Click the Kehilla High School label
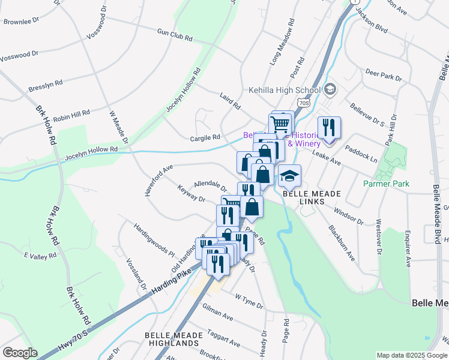tap(284, 91)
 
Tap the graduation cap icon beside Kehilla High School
tap(330, 90)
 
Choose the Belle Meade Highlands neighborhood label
tap(172, 338)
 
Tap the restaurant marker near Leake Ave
tap(328, 128)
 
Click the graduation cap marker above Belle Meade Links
tap(289, 176)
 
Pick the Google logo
tap(20, 353)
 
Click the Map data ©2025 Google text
tap(411, 355)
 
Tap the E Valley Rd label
tap(40, 256)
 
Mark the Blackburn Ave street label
tap(341, 242)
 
